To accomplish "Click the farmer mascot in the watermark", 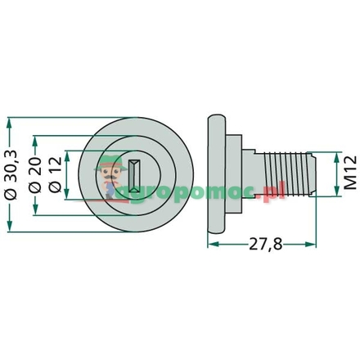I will tap(107, 182).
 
